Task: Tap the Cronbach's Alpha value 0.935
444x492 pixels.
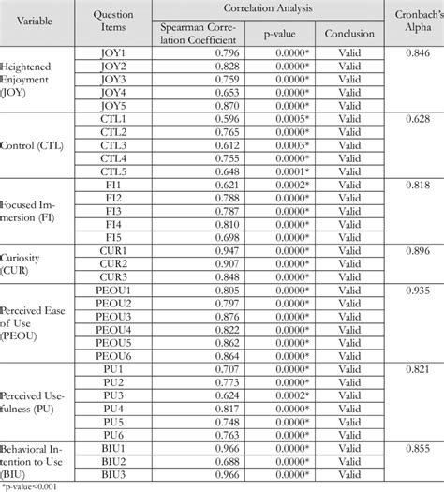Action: [x=410, y=291]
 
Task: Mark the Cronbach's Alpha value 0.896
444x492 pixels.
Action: [x=410, y=251]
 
